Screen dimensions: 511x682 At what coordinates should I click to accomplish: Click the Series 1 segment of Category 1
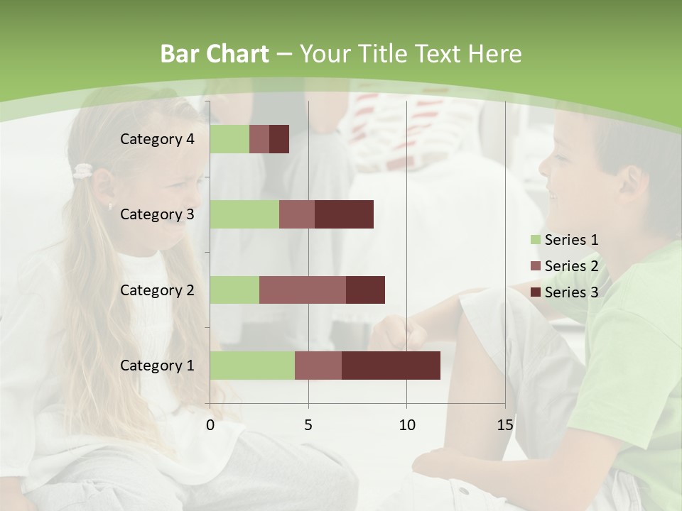tap(252, 366)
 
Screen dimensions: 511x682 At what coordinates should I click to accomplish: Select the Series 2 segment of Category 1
tap(318, 366)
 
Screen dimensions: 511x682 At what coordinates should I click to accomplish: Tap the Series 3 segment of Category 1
tap(391, 366)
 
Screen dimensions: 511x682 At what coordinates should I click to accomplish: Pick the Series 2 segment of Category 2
tap(303, 290)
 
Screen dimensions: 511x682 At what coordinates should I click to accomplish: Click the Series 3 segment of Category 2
tap(365, 290)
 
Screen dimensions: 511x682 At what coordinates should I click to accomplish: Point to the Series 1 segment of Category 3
tap(244, 214)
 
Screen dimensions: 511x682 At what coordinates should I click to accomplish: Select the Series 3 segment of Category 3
tap(344, 214)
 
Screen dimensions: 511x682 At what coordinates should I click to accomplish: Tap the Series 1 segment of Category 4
tap(229, 139)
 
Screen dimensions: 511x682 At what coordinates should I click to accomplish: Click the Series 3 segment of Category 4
tap(279, 139)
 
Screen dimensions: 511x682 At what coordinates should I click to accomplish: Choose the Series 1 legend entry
tap(564, 240)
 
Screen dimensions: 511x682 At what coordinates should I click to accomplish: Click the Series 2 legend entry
tap(564, 266)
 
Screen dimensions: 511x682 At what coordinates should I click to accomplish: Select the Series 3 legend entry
tap(564, 292)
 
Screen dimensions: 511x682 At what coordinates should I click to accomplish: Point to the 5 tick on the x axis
tap(308, 425)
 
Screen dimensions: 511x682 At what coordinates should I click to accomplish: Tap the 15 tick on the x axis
tap(504, 425)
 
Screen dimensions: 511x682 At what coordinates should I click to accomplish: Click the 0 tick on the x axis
tap(210, 425)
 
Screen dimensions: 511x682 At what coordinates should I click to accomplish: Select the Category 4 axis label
tap(157, 139)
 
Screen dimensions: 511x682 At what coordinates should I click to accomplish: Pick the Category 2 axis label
tap(157, 290)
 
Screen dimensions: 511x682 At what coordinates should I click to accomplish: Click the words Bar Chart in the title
tap(215, 54)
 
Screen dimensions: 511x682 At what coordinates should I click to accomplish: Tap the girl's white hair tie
tap(84, 171)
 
